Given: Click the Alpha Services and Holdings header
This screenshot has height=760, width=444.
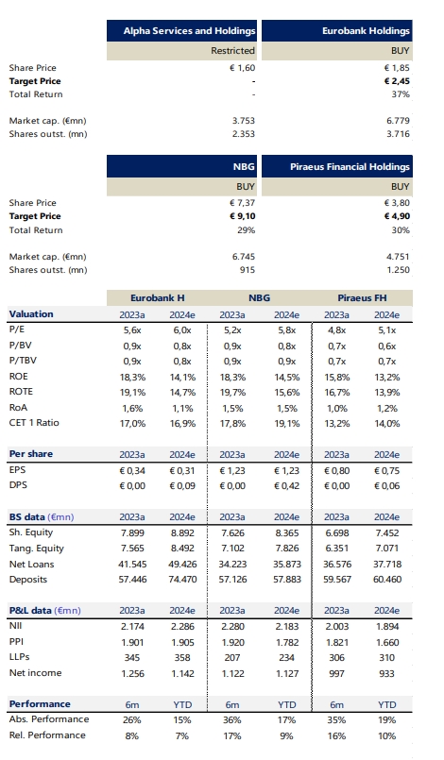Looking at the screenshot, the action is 189,31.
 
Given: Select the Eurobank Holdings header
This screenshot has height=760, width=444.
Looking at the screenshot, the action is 366,31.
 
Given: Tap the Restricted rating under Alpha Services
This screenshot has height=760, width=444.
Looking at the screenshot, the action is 233,50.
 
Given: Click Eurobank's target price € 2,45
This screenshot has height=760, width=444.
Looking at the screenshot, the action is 397,81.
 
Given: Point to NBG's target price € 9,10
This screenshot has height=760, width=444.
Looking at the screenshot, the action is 242,216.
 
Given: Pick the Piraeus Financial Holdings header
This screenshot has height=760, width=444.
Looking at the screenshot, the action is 350,167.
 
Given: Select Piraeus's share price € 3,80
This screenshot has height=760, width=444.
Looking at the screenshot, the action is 397,203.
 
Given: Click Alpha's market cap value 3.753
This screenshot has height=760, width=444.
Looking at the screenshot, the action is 243,121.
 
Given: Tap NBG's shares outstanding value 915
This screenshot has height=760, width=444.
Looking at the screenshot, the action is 247,269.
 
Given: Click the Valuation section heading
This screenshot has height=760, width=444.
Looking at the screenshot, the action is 31,314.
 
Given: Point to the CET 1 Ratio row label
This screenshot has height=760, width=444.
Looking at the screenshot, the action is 34,423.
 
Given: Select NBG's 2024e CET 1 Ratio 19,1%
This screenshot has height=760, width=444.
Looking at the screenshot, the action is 287,423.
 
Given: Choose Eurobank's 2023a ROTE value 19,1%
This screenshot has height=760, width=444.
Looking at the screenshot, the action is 132,392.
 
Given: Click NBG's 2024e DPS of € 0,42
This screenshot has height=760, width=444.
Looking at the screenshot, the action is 287,485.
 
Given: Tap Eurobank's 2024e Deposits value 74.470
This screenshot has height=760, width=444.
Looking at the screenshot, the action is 182,580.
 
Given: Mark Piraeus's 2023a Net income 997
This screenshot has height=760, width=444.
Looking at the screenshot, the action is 336,673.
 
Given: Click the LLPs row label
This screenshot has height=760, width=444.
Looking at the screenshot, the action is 20,657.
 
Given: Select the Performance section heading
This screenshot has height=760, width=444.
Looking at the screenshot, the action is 40,703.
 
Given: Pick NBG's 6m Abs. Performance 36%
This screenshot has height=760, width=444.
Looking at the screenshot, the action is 232,719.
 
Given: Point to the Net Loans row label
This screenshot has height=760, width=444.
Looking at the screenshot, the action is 31,565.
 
